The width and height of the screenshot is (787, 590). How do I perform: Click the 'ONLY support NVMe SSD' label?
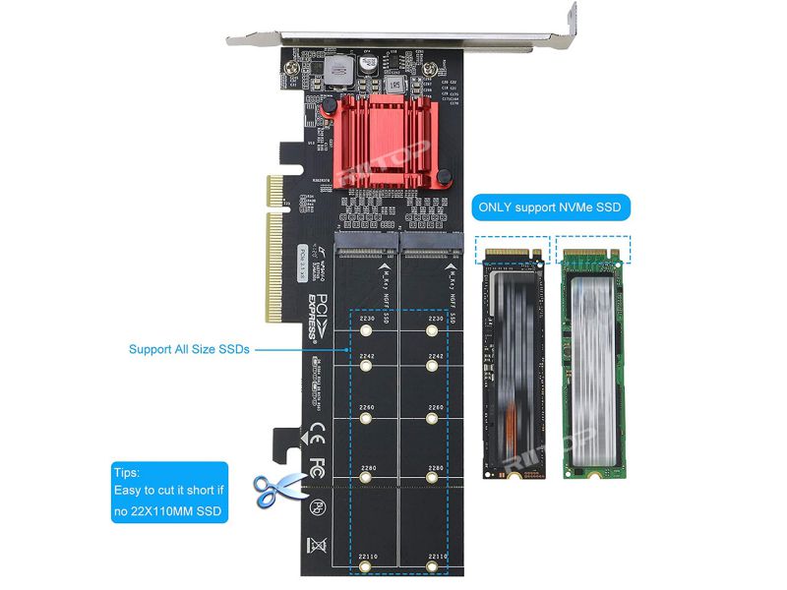(549, 208)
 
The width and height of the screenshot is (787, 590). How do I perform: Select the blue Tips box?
(169, 493)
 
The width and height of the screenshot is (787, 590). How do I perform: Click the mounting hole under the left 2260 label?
(365, 419)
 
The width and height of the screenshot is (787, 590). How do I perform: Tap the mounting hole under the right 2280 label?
(433, 479)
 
